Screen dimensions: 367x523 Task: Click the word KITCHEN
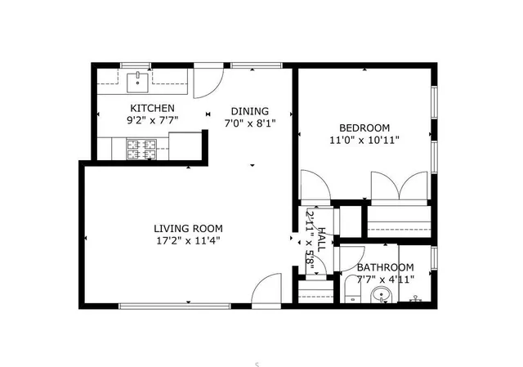point(152,108)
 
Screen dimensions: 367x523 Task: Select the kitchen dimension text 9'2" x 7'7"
point(152,120)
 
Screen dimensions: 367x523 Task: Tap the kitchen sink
point(139,79)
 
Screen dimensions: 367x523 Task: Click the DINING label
point(248,112)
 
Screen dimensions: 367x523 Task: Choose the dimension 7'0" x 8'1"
point(248,124)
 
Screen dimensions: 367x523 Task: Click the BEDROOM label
point(364,128)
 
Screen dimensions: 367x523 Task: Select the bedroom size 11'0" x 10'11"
point(364,140)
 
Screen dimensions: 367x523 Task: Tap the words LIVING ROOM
point(188,228)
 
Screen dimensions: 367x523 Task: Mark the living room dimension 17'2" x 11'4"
point(188,240)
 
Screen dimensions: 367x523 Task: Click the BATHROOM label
point(385,267)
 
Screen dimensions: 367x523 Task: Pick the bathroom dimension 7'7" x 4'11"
point(385,279)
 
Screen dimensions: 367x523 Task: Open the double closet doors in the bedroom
point(398,186)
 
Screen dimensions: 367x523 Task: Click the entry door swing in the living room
point(266,290)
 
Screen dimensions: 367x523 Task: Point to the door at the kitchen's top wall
point(209,83)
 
